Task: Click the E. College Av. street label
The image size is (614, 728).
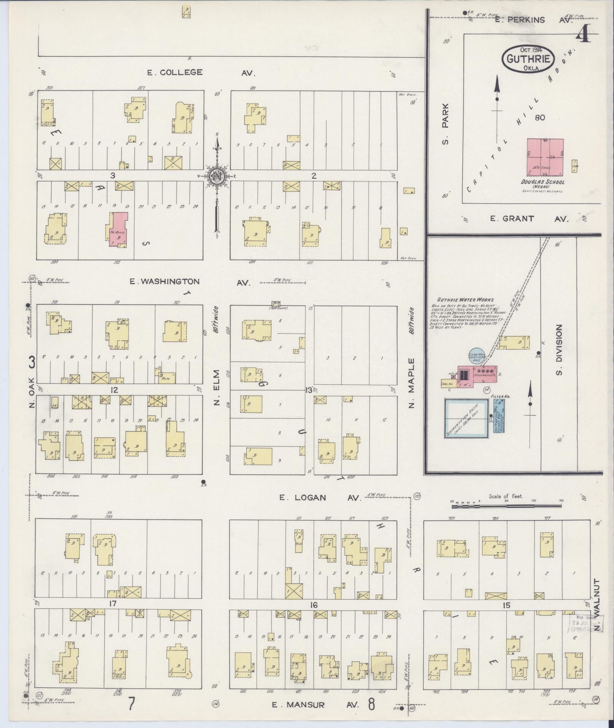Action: point(201,73)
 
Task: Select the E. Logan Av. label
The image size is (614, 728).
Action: point(320,497)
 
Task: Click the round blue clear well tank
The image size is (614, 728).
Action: point(476,356)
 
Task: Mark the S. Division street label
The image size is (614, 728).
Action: point(559,350)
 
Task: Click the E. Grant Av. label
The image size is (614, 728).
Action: point(529,219)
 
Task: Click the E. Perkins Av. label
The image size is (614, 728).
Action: point(533,20)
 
